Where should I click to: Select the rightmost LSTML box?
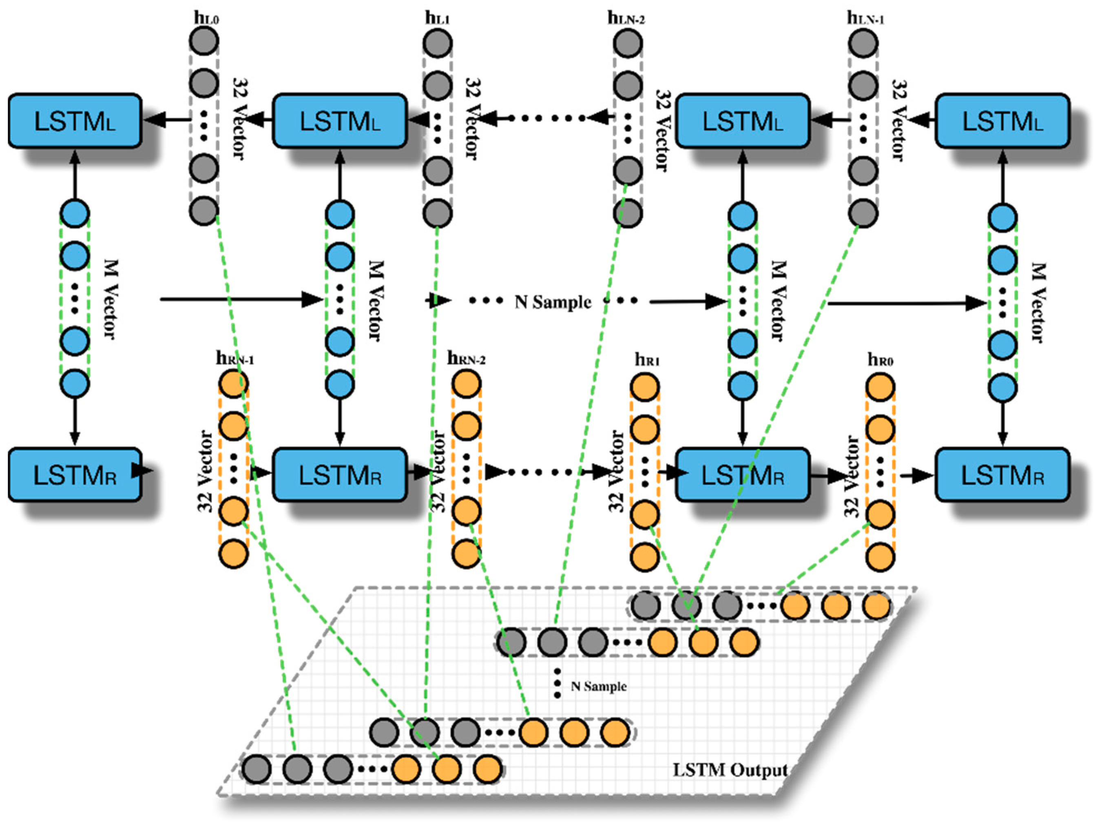[1002, 121]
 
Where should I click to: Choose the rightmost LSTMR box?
[1002, 475]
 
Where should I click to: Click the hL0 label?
[206, 18]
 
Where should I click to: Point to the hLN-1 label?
[865, 18]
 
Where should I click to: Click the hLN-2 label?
[626, 18]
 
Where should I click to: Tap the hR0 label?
[880, 360]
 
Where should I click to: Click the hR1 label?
[647, 360]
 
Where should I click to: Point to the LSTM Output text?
[730, 770]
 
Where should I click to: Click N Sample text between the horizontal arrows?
[553, 301]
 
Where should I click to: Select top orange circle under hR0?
[880, 387]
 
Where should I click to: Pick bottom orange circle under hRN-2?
[466, 554]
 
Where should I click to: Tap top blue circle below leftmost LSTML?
[75, 214]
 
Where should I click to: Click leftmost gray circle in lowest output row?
[257, 769]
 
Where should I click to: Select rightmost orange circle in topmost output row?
[877, 605]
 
